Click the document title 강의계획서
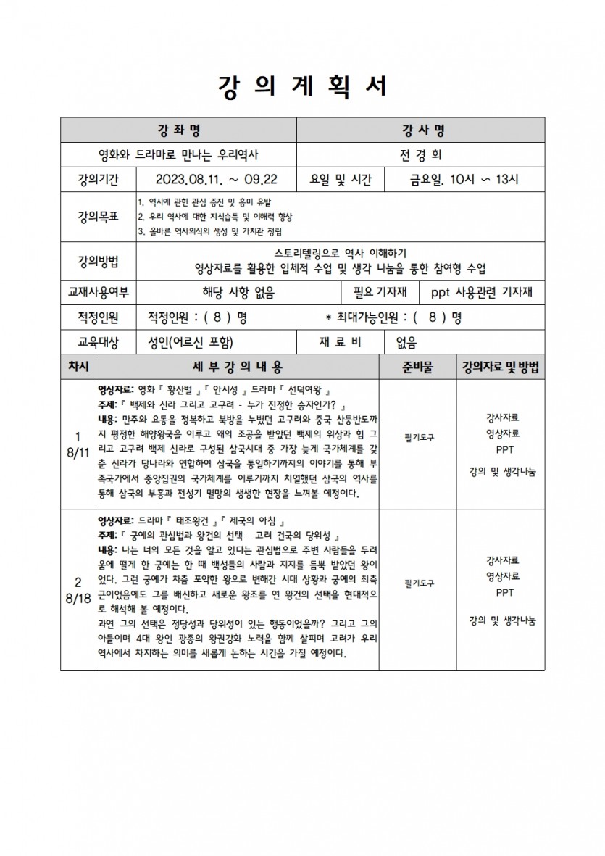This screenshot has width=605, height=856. click(x=302, y=86)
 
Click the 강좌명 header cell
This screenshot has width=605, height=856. click(x=178, y=130)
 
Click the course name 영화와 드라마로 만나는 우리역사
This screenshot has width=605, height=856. click(x=178, y=154)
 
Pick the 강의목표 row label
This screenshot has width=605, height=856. click(x=99, y=216)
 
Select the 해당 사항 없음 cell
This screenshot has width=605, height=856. click(x=238, y=293)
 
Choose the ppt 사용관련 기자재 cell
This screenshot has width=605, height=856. click(x=481, y=293)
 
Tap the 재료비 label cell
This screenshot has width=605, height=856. click(x=341, y=342)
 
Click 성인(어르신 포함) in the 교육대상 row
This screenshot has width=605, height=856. click(x=191, y=342)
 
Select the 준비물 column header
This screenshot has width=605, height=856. click(x=418, y=367)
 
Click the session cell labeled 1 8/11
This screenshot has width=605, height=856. click(x=78, y=443)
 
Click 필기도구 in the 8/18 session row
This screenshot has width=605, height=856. click(x=418, y=583)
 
